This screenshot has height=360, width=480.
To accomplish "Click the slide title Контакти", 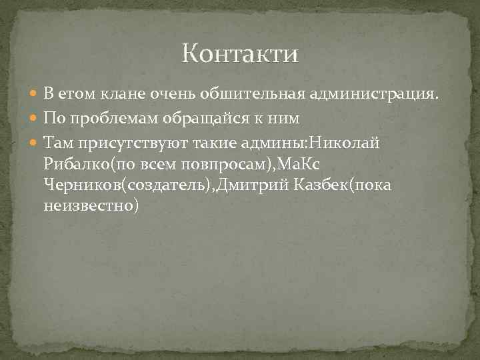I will coord(241,53).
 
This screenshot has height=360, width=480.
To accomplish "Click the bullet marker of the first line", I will coord(35,95).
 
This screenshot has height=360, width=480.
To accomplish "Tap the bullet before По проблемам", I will coord(35,119).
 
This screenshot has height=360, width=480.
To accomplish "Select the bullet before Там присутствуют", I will coord(35,142).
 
